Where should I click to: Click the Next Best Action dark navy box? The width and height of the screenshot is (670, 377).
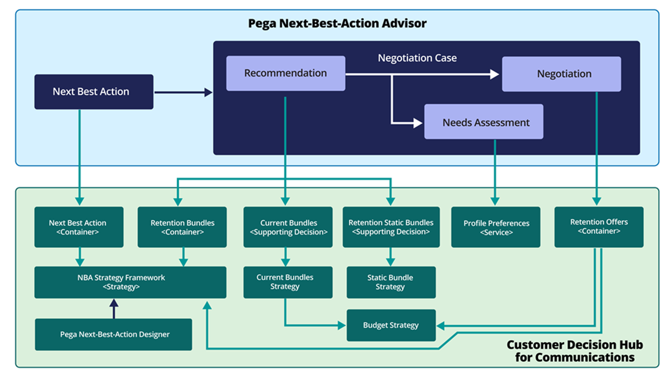[94, 92]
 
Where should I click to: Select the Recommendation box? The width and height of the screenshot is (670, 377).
[285, 73]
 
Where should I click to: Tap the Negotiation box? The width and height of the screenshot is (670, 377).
[561, 74]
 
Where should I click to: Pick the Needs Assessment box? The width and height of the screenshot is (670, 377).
[483, 122]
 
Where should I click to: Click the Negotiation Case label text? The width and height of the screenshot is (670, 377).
[417, 58]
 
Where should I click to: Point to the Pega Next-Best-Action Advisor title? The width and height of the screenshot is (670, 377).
[337, 23]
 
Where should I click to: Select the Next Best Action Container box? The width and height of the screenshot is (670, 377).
[79, 227]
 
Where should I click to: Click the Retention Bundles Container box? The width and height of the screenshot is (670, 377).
[182, 227]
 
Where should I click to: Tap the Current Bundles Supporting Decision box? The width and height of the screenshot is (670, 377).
[288, 227]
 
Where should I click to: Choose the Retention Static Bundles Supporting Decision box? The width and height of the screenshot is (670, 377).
[391, 227]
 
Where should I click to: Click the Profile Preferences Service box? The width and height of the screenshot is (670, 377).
[495, 227]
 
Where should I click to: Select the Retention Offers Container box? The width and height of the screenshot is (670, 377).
[599, 227]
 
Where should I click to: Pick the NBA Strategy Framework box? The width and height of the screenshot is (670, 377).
[130, 282]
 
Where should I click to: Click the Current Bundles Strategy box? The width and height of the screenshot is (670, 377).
[288, 282]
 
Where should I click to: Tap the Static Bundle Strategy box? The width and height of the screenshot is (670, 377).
[391, 282]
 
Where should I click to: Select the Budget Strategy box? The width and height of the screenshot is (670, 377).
[391, 325]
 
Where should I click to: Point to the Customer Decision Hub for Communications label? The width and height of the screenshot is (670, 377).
[575, 351]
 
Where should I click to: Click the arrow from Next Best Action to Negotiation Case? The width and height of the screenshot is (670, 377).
[183, 92]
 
